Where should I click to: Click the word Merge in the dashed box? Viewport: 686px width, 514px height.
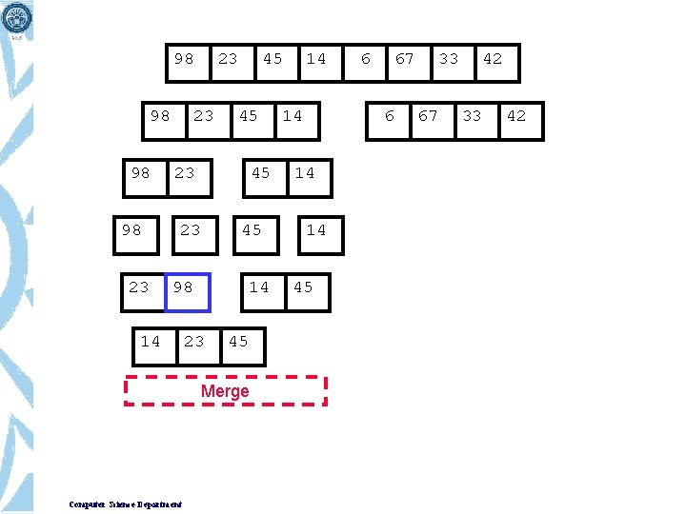click(225, 391)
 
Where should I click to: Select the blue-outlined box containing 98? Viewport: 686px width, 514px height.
click(188, 290)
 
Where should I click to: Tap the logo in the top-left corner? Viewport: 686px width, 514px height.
click(17, 17)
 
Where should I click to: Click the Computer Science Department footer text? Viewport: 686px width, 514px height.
click(126, 504)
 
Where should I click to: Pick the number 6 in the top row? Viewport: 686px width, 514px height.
click(366, 59)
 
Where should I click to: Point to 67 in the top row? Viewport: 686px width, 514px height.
click(405, 59)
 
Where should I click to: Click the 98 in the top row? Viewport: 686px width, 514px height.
click(184, 59)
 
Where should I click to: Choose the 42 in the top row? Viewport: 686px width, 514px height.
click(493, 59)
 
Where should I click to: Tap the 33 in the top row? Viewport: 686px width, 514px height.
click(449, 59)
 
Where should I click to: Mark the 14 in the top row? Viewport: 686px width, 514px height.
click(316, 59)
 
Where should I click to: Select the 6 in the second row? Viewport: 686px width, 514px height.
click(389, 116)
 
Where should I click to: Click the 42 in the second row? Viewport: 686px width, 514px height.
click(516, 116)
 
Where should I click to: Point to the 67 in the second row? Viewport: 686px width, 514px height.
click(429, 116)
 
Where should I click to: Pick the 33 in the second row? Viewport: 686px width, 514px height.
click(473, 116)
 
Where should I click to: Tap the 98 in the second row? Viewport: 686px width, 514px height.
click(160, 116)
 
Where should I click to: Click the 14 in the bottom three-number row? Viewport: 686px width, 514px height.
click(151, 341)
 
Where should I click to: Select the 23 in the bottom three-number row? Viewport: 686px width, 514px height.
click(194, 341)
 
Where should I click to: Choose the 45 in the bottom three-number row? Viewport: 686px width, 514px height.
click(238, 341)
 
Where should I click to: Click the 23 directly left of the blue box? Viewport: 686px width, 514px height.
click(139, 287)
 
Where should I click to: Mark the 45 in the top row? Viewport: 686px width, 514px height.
click(272, 59)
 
